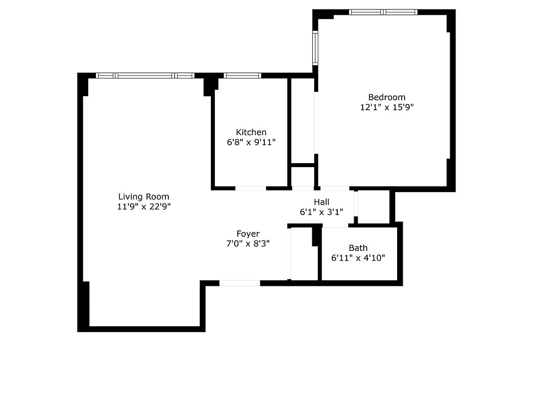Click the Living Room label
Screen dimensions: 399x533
(143, 197)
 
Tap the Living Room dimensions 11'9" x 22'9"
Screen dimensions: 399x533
(143, 206)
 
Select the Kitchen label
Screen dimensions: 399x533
(251, 132)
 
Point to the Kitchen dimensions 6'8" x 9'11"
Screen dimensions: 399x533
(251, 142)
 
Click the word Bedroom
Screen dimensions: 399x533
(387, 97)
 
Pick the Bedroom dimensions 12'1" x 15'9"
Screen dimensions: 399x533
(387, 107)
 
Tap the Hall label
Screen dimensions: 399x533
(321, 202)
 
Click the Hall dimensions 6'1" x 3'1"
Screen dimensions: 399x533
(321, 211)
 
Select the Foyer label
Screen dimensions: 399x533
(248, 234)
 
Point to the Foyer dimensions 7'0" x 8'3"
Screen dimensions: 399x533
(248, 243)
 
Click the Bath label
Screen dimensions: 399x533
(358, 248)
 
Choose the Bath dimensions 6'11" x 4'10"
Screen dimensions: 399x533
(358, 258)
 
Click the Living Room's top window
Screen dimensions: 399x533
(145, 75)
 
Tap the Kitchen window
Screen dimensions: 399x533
(242, 75)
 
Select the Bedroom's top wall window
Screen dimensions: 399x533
(383, 12)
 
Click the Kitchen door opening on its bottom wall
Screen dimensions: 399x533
(251, 188)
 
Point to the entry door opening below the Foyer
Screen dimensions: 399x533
(240, 283)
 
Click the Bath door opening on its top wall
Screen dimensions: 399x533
(335, 226)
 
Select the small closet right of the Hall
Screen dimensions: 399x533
(374, 206)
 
